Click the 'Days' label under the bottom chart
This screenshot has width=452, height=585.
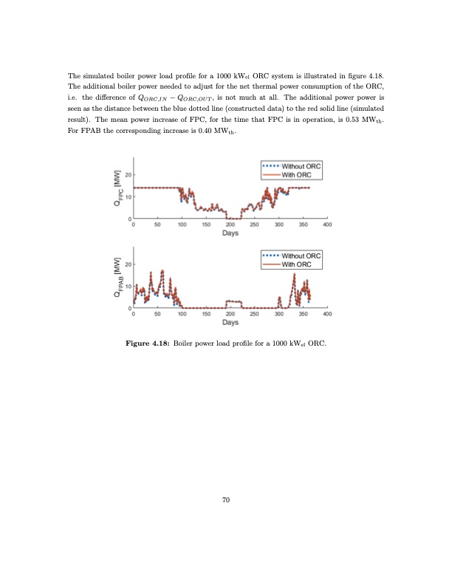tap(230, 323)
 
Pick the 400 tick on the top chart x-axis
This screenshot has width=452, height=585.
tap(327, 225)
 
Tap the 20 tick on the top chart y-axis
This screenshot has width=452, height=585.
tap(129, 175)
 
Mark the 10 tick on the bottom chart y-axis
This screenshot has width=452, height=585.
tap(129, 286)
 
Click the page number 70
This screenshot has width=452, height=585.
tap(226, 501)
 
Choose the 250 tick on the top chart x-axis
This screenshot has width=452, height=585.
tap(254, 225)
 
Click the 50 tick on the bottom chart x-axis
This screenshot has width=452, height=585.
tap(157, 314)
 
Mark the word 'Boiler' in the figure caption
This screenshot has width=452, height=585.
tap(186, 344)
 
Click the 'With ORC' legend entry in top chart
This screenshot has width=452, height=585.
tap(294, 174)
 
